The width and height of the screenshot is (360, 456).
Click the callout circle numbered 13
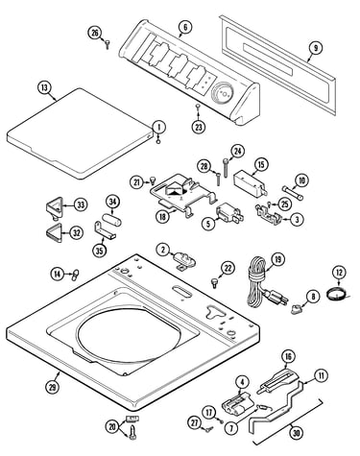pyautogui.click(x=44, y=87)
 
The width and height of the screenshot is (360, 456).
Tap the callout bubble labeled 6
pyautogui.click(x=185, y=27)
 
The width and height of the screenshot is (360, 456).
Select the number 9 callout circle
pyautogui.click(x=316, y=48)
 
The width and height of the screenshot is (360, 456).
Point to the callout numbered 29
pyautogui.click(x=52, y=387)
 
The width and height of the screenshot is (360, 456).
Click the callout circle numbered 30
pyautogui.click(x=298, y=433)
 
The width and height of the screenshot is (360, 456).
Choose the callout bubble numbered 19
pyautogui.click(x=277, y=259)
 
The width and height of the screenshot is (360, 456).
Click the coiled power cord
pyautogui.click(x=262, y=285)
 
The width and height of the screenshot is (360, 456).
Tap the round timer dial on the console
pyautogui.click(x=223, y=93)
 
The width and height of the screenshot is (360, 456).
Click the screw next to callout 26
pyautogui.click(x=108, y=44)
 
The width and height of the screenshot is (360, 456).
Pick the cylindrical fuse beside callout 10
pyautogui.click(x=293, y=193)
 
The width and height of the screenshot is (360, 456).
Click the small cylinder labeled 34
pyautogui.click(x=112, y=220)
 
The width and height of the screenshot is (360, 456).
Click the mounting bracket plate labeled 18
pyautogui.click(x=182, y=194)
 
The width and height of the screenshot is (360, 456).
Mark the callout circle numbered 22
pyautogui.click(x=228, y=269)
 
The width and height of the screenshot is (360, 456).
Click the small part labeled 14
pyautogui.click(x=75, y=275)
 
